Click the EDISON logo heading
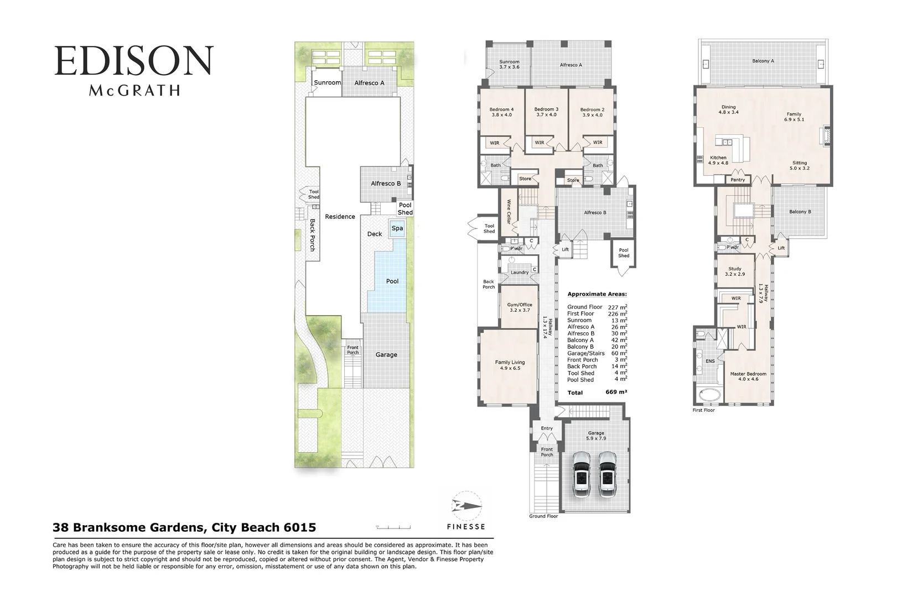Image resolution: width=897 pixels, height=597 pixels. coord(133,61)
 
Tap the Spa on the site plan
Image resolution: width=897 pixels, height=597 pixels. coord(397,228)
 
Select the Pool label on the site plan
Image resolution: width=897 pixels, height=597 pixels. coord(392,281)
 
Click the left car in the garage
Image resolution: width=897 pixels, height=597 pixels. coord(582,475)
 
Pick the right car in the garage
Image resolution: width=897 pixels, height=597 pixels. coord(607,475)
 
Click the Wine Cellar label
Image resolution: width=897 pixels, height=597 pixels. coord(508,211)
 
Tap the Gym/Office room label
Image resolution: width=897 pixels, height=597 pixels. coord(520,307)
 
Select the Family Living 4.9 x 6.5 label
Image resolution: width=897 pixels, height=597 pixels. coord(510,365)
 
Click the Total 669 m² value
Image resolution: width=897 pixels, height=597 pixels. coord(616,392)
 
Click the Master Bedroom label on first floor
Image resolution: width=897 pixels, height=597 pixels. coord(748,376)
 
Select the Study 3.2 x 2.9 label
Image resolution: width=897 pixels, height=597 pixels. coord(734,271)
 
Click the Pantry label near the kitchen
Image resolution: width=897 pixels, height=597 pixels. coord(737,180)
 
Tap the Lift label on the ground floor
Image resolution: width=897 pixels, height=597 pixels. coord(565,249)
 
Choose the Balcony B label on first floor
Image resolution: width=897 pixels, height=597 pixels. coord(800,212)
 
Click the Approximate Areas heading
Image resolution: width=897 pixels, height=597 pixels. coord(597,294)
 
